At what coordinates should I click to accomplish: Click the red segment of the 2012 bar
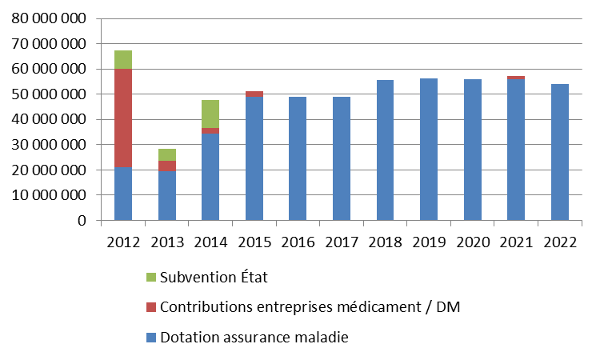122,118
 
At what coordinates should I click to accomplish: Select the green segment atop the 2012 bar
122,59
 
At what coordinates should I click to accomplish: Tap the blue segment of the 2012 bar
122,194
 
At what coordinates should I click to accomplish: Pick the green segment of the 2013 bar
166,155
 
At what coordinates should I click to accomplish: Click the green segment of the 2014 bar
210,114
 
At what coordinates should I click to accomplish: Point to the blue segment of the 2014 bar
210,177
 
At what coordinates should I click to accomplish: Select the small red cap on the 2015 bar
254,94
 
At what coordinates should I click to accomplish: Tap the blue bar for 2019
428,149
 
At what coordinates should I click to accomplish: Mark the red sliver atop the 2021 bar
515,78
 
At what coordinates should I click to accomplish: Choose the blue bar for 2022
558,152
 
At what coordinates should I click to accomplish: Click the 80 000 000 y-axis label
49,18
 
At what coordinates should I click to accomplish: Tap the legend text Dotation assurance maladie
254,338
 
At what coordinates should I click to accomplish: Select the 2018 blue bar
385,150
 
